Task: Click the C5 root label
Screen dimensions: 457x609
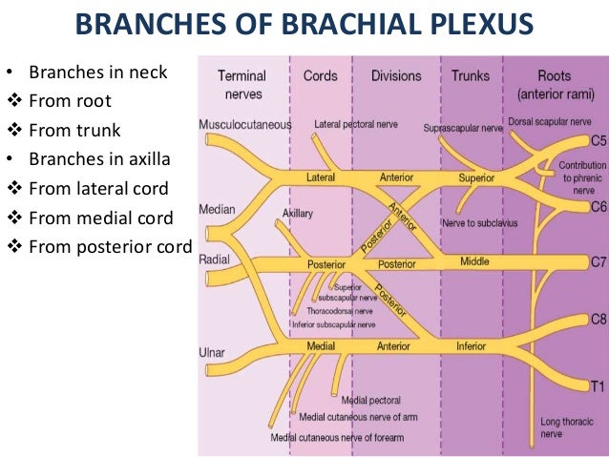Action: (598, 141)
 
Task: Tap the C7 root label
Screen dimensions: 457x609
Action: (598, 260)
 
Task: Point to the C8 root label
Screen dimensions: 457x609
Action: (598, 321)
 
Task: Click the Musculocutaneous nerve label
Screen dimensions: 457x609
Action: (245, 125)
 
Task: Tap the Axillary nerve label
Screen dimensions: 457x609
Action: (297, 214)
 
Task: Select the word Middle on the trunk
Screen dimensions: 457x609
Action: (474, 260)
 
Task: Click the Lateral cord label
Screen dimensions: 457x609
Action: (321, 177)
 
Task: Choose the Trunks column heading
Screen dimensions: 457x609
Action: (471, 75)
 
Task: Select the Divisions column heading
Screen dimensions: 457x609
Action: (395, 75)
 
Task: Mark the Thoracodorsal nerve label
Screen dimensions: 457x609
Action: (339, 311)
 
